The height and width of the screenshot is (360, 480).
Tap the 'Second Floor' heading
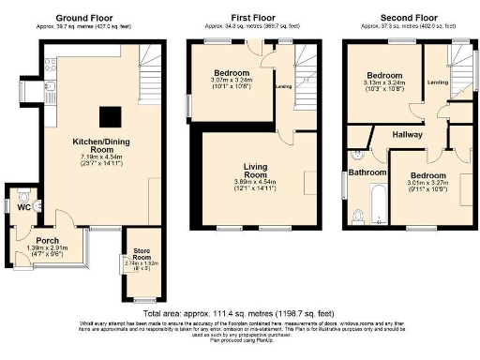click(x=407, y=18)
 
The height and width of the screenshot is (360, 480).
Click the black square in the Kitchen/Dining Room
click(x=111, y=115)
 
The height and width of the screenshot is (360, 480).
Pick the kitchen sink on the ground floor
click(x=50, y=91)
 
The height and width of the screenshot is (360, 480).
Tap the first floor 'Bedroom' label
click(x=230, y=72)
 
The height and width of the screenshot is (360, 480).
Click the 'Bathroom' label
click(x=367, y=172)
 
